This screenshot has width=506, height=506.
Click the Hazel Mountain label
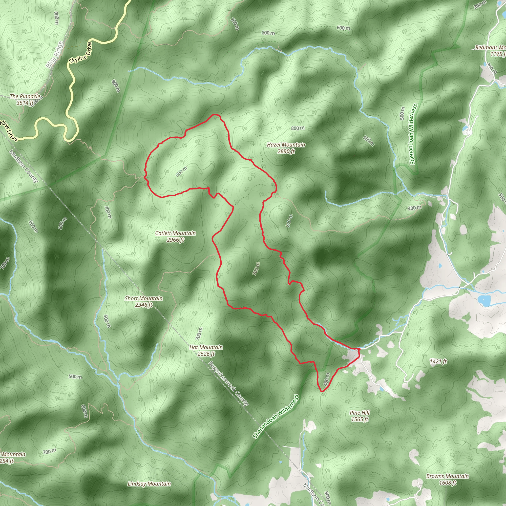coord(286,148)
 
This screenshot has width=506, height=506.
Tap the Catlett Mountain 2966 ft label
coord(175,236)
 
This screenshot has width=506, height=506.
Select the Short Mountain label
coord(144,301)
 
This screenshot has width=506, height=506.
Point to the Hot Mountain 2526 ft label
coord(206,350)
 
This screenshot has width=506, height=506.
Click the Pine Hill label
coord(359,416)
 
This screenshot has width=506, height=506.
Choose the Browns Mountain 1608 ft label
coord(448,480)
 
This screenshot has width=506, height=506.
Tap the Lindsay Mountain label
coord(149,484)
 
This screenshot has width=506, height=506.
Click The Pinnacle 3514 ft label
coord(25,100)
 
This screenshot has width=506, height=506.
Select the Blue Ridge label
coord(55,55)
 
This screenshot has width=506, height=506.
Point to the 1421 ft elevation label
coord(438,362)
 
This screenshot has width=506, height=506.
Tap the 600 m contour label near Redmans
coord(343,28)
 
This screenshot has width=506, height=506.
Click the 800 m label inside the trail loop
coord(181,171)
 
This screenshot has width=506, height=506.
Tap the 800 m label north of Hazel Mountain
coord(298,128)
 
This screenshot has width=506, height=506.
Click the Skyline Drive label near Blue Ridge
coord(81,53)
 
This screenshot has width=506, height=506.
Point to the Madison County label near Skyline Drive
coord(24,166)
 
